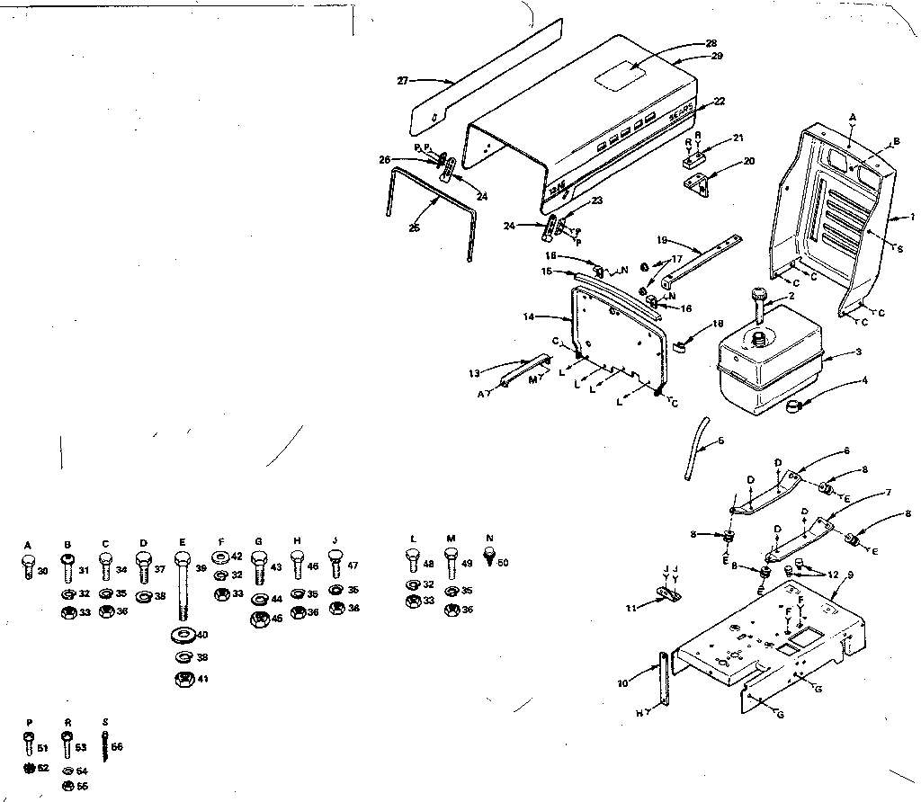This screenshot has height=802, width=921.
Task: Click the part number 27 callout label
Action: [x=403, y=80]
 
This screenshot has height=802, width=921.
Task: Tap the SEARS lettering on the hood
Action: [x=680, y=116]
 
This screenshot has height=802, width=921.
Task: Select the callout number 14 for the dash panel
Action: [x=528, y=317]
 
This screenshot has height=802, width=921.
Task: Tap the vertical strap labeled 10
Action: [x=664, y=683]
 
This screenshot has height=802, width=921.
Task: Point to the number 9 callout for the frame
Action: [x=849, y=573]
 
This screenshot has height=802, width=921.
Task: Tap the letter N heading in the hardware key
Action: [x=489, y=539]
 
